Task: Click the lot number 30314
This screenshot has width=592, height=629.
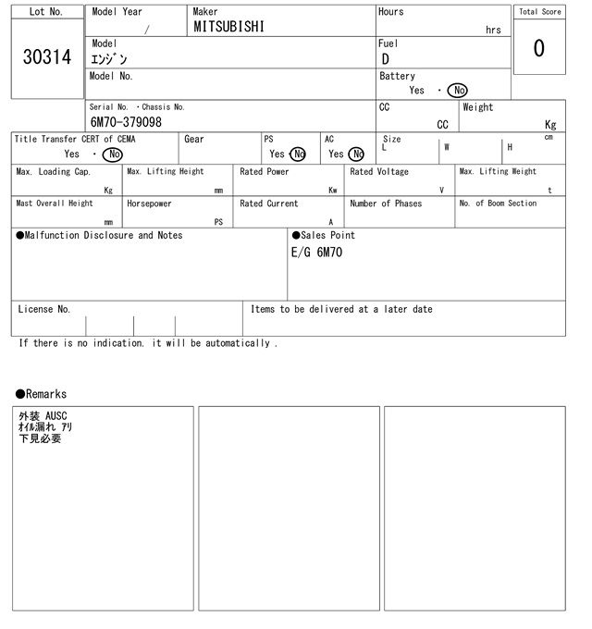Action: [45, 58]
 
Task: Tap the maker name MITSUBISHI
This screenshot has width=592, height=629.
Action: [228, 28]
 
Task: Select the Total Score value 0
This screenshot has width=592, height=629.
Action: [538, 48]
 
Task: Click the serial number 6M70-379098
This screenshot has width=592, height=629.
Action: [126, 122]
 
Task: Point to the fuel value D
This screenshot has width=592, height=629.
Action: [386, 60]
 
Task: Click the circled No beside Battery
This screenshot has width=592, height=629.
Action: [457, 91]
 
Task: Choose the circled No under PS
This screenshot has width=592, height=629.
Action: [298, 154]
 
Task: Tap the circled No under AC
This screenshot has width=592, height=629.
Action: [356, 154]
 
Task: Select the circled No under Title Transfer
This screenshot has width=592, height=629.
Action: [112, 154]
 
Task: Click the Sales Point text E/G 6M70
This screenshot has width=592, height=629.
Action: [316, 253]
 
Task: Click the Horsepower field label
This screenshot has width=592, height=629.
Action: [149, 203]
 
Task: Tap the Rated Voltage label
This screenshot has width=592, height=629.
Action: [379, 172]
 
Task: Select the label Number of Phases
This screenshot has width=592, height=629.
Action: [386, 203]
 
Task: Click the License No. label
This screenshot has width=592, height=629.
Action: [43, 310]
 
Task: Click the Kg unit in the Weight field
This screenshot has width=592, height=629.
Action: [550, 124]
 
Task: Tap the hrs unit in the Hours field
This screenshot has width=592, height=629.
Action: [493, 30]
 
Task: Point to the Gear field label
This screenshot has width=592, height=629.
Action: [194, 140]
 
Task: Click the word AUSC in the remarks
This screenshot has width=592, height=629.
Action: [56, 417]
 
